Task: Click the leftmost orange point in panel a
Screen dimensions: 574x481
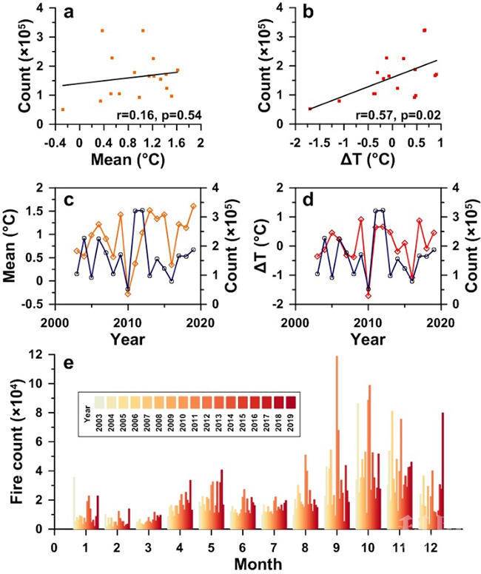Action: pos(63,109)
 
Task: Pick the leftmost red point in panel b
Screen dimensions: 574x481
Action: pos(310,109)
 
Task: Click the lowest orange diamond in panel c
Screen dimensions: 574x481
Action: pos(128,294)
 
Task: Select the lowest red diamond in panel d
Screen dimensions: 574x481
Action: pos(369,295)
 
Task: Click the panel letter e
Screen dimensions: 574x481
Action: pos(69,366)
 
